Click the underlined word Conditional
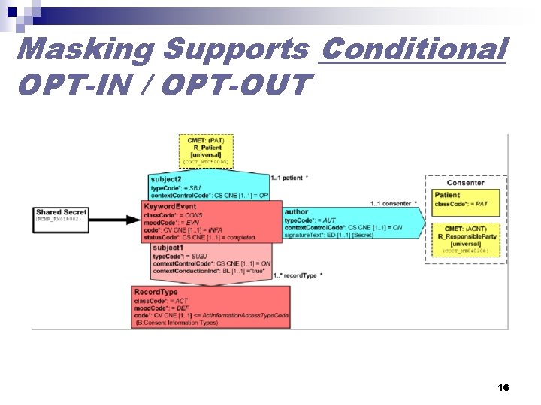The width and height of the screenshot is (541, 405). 412,49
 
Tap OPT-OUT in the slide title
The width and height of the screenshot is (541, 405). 234,85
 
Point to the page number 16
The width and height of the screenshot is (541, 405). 503,387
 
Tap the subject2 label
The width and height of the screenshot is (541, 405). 167,180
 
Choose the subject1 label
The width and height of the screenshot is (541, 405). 168,247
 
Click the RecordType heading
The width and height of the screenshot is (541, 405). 156,292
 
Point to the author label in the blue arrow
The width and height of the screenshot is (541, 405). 296,212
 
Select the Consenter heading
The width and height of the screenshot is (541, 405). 465,183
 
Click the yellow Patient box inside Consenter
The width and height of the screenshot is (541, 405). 465,199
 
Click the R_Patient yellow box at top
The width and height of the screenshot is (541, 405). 206,151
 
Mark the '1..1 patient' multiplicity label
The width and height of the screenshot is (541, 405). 287,178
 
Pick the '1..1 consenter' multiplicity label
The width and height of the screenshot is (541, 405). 392,204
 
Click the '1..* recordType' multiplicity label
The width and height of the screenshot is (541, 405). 298,275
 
